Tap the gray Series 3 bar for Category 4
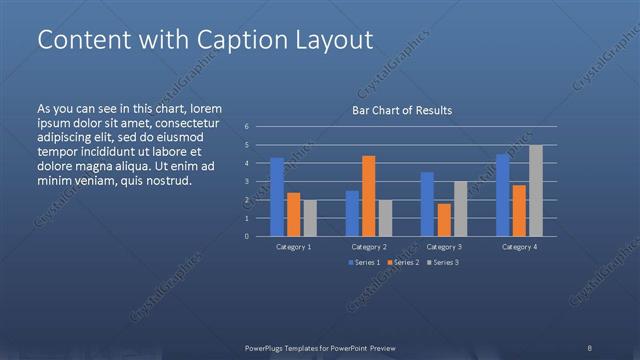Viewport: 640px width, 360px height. pos(536,191)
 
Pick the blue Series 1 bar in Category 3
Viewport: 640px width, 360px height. pos(427,205)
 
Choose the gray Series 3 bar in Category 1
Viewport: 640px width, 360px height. pos(310,218)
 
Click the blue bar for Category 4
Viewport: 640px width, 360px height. pos(503,195)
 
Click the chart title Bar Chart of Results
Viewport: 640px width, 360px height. pos(402,110)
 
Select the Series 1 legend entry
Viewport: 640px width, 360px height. pos(363,262)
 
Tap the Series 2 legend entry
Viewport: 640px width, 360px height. pos(402,262)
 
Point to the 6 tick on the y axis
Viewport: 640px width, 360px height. pos(246,127)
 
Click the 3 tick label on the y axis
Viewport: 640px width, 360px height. pos(246,182)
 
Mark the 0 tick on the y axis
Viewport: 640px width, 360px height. pos(246,237)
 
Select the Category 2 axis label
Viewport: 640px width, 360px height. pos(369,246)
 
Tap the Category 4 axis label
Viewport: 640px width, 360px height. pos(520,246)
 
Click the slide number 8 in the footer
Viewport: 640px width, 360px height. pos(589,347)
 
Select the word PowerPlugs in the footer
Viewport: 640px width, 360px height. pos(269,347)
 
